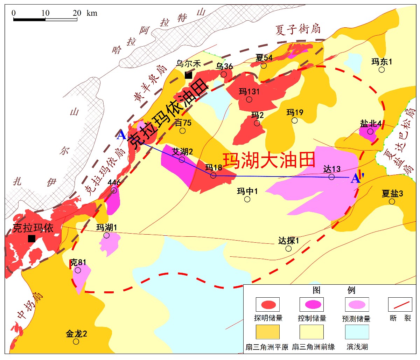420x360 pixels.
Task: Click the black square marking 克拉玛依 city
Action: [x=31, y=238]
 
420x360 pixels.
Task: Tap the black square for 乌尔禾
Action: [x=188, y=75]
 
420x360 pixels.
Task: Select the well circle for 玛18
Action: [x=213, y=175]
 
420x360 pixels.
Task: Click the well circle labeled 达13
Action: [x=331, y=177]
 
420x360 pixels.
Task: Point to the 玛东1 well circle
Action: [x=382, y=70]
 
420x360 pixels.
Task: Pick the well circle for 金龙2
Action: [x=76, y=341]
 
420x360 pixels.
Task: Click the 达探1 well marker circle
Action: [x=288, y=249]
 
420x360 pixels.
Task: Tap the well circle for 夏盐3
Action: [x=392, y=201]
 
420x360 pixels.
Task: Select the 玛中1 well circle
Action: [x=247, y=199]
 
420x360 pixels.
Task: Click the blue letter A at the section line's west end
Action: [x=121, y=135]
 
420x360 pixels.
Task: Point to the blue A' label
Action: [x=357, y=179]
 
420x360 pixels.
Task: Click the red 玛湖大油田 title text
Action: [x=269, y=160]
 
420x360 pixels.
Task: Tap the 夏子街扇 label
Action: [x=298, y=30]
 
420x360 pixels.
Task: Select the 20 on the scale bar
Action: [x=77, y=13]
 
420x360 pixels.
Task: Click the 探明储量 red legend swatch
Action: [x=268, y=304]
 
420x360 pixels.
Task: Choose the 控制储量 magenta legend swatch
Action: [x=312, y=304]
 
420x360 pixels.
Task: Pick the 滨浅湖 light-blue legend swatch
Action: [x=357, y=332]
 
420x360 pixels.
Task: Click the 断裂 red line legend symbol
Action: [x=400, y=304]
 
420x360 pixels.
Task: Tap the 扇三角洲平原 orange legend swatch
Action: [x=268, y=332]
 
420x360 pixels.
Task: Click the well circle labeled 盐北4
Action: [x=370, y=131]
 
